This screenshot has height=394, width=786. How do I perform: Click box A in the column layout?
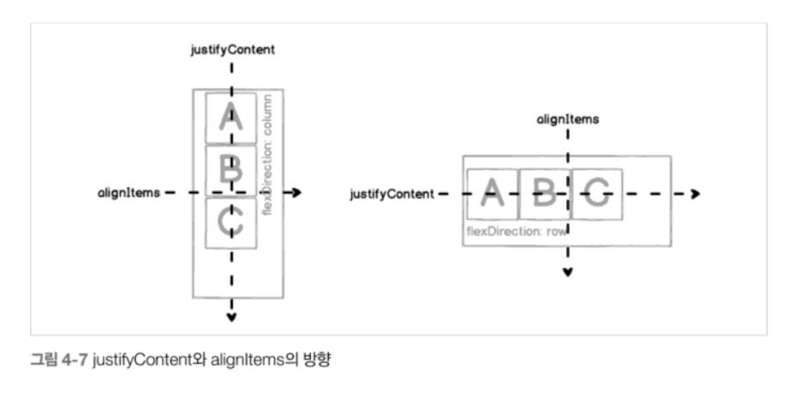point(231,118)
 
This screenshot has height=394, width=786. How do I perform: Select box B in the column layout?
point(231,170)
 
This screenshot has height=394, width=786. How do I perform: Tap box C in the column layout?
point(231,223)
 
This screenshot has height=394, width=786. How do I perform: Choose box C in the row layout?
point(597,194)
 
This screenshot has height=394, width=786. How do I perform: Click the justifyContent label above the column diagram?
point(232,50)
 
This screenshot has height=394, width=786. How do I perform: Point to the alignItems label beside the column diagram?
point(129,193)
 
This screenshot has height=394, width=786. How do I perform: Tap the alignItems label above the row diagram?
point(568,119)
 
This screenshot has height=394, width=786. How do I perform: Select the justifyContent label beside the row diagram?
point(392,194)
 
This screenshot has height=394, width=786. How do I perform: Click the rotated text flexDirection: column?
point(268,155)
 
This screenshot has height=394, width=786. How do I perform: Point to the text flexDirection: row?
point(517,231)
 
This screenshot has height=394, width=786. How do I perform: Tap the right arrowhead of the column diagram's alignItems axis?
point(296,193)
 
